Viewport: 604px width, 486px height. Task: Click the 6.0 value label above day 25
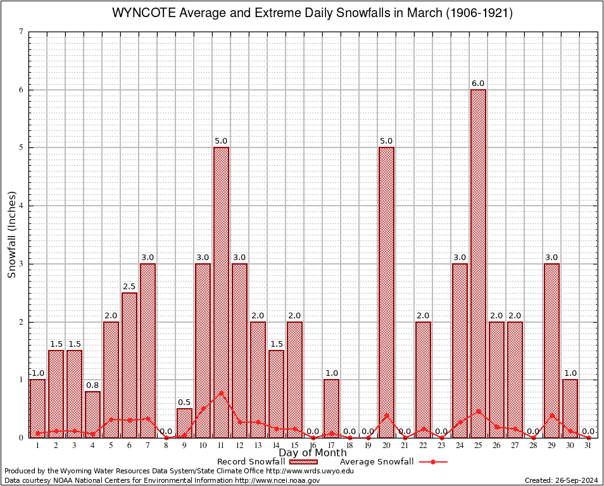coord(478,84)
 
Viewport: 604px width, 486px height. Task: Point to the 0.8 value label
coord(92,385)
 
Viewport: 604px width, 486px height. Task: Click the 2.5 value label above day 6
coord(129,287)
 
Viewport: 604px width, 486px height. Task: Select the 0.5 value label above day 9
coord(184,402)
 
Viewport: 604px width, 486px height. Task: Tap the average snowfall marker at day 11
coord(221,392)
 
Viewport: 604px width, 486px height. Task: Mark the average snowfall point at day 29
coord(551,416)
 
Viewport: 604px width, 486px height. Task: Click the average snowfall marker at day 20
coord(386,415)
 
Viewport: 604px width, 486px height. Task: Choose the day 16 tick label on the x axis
coord(313,446)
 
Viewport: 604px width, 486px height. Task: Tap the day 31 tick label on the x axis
coord(588,446)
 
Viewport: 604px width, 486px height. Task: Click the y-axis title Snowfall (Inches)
coord(11,235)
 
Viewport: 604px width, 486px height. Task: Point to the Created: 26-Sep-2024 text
coord(561,481)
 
